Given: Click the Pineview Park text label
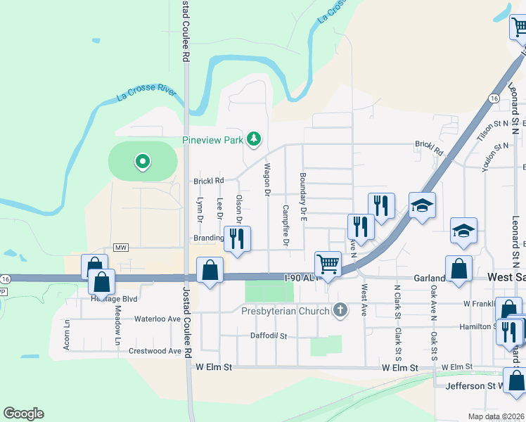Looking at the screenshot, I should (212, 140).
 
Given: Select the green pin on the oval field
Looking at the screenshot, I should (143, 162).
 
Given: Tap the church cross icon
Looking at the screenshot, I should (340, 310).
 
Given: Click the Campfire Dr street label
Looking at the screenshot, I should (286, 225).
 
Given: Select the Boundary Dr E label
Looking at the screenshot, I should (304, 197).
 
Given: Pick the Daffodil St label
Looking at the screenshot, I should (269, 336).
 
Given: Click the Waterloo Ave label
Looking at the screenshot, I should (158, 319).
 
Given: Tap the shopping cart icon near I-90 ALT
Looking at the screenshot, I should (328, 264).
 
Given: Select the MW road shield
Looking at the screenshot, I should (122, 248).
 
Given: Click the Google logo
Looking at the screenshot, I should (23, 414).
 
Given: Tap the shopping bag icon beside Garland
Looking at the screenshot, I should (458, 268).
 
